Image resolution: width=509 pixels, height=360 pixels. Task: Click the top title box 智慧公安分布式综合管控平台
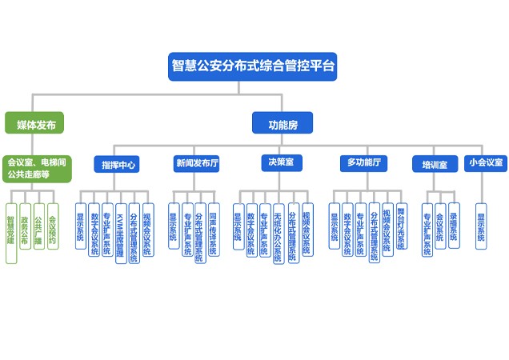tap(253, 65)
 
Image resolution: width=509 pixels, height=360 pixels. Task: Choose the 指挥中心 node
tap(118, 164)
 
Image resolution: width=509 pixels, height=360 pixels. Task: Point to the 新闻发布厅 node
tap(197, 163)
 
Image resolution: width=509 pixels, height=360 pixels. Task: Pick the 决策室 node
tap(281, 162)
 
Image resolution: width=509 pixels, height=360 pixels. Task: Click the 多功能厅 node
tap(363, 163)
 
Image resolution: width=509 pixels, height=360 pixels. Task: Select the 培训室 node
tap(435, 164)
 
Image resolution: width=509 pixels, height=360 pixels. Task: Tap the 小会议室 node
tap(485, 162)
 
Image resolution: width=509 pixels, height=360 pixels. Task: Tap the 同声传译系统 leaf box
tap(213, 229)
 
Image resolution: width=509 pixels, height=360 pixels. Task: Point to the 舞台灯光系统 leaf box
tap(401, 227)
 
